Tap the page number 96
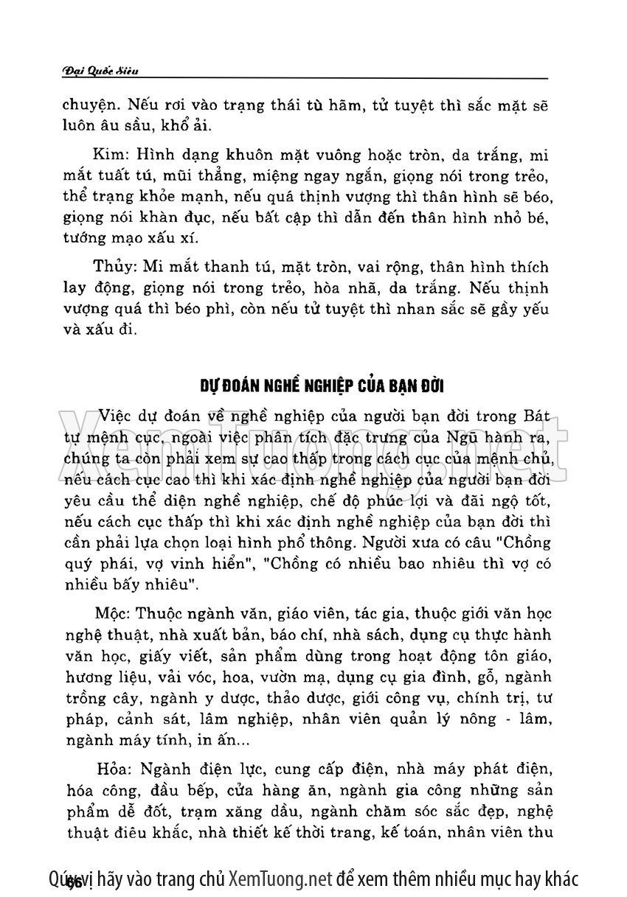coord(73,881)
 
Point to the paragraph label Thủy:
coord(114,266)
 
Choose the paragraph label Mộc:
coord(113,612)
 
